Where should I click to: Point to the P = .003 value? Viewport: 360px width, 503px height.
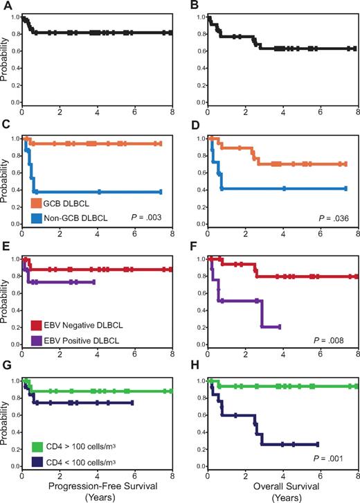coord(146,218)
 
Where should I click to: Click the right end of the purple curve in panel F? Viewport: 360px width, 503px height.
coord(279,326)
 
